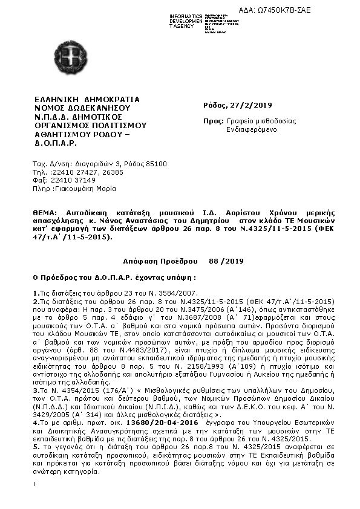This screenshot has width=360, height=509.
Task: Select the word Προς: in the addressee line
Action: click(x=213, y=121)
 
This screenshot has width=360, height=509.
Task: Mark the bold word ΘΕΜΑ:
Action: click(x=46, y=213)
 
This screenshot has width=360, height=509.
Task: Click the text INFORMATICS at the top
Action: click(x=185, y=14)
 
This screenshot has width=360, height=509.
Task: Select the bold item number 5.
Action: click(x=35, y=462)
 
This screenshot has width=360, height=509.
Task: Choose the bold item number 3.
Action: click(x=35, y=409)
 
